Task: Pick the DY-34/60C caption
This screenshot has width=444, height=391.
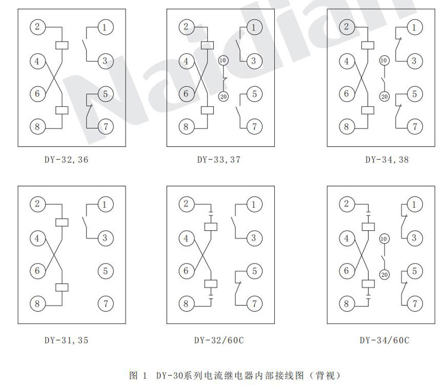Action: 385,339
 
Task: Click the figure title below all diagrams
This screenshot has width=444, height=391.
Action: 230,375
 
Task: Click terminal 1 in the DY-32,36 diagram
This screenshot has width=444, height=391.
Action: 105,27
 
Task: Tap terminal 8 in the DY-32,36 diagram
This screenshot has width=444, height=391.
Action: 37,127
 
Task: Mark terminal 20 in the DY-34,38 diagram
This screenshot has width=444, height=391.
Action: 384,96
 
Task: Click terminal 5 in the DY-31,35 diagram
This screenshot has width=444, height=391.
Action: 105,271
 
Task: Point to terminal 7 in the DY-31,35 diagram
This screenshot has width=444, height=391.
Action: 105,303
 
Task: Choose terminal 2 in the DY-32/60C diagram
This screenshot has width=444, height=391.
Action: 186,204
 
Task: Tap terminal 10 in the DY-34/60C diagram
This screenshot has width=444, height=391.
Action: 384,239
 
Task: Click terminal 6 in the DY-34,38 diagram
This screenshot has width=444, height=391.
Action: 347,94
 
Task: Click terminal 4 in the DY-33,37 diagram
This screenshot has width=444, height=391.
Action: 186,61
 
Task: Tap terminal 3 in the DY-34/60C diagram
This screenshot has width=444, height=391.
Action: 413,238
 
